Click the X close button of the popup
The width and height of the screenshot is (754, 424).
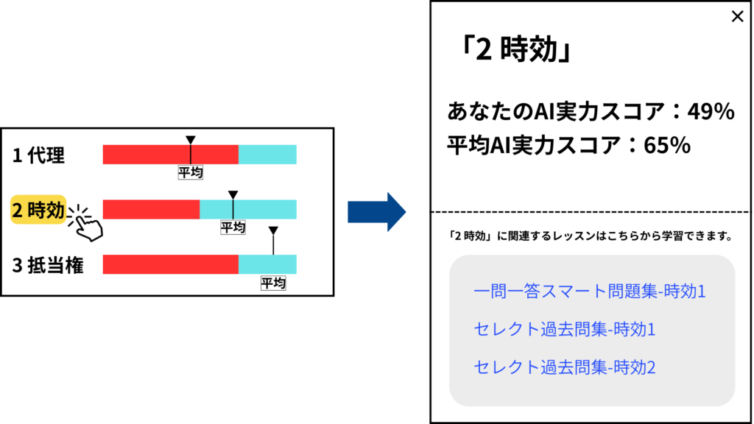coord(737,16)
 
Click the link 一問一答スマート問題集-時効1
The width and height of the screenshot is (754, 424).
coord(590,291)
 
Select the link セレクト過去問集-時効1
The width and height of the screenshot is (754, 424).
coord(565,329)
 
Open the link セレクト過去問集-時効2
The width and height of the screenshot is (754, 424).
coord(565,367)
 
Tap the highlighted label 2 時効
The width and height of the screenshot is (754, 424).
coord(38,210)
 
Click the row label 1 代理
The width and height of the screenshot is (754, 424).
coord(38,155)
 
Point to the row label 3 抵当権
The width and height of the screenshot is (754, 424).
coord(48,265)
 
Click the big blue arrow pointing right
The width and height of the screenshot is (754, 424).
coord(377,212)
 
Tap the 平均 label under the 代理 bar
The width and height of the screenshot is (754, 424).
coord(191,172)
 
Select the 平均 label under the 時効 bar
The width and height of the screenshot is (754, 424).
coord(233,227)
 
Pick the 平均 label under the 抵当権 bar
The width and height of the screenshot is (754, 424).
coord(273,283)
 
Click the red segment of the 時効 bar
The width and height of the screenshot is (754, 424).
coord(151,210)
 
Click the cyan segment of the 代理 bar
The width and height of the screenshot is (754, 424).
coord(267,155)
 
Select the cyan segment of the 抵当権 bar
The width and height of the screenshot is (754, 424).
coord(267,264)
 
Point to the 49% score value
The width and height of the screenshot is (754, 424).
coord(711,112)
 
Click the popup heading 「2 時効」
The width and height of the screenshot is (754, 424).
coord(515,49)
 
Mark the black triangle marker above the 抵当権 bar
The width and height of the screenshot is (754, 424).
coord(273,230)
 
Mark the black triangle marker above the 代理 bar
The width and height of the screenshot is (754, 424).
coord(191,140)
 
